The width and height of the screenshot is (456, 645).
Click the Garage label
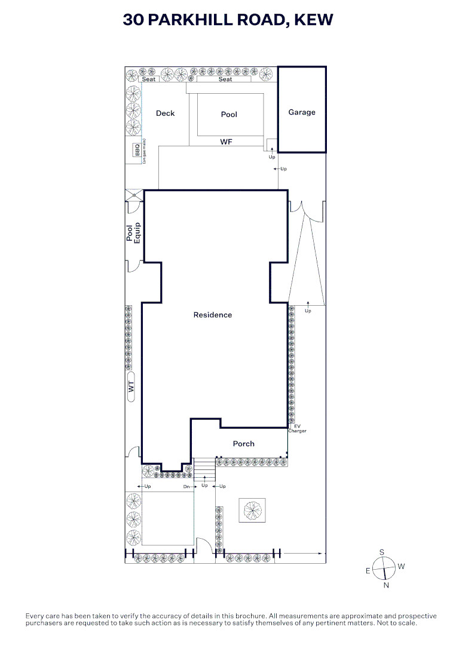click(302, 112)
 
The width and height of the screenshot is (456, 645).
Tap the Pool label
click(229, 114)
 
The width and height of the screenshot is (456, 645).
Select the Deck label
click(165, 113)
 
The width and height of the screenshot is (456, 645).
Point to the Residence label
click(213, 315)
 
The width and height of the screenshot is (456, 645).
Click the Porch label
click(244, 443)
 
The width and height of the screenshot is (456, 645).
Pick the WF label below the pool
click(227, 142)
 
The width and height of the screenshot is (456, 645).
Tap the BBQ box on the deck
click(136, 150)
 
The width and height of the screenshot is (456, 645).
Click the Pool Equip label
click(133, 234)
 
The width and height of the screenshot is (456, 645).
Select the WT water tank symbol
click(131, 386)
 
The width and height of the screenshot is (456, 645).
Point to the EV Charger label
click(297, 429)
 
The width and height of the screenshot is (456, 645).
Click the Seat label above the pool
click(225, 79)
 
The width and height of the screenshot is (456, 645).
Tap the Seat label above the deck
click(149, 79)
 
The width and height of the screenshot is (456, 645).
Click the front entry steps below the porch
click(204, 469)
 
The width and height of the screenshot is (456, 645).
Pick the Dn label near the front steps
click(186, 487)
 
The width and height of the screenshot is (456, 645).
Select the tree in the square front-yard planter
click(252, 510)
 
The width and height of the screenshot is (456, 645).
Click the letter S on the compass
click(382, 552)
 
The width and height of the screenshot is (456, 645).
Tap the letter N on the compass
click(386, 585)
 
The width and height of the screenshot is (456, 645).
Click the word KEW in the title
click(314, 19)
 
